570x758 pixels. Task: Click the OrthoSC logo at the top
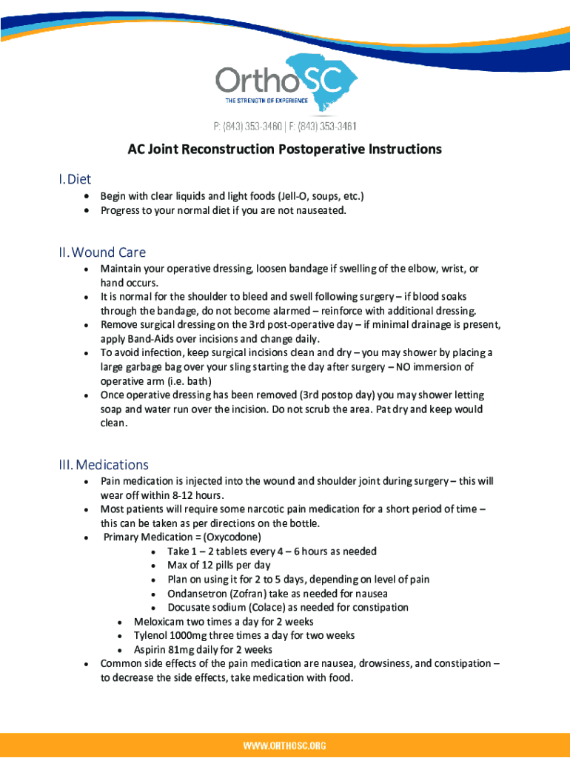click(285, 81)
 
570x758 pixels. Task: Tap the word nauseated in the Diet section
click(319, 210)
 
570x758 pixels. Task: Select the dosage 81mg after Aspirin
click(185, 650)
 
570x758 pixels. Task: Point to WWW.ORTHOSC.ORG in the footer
click(285, 745)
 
